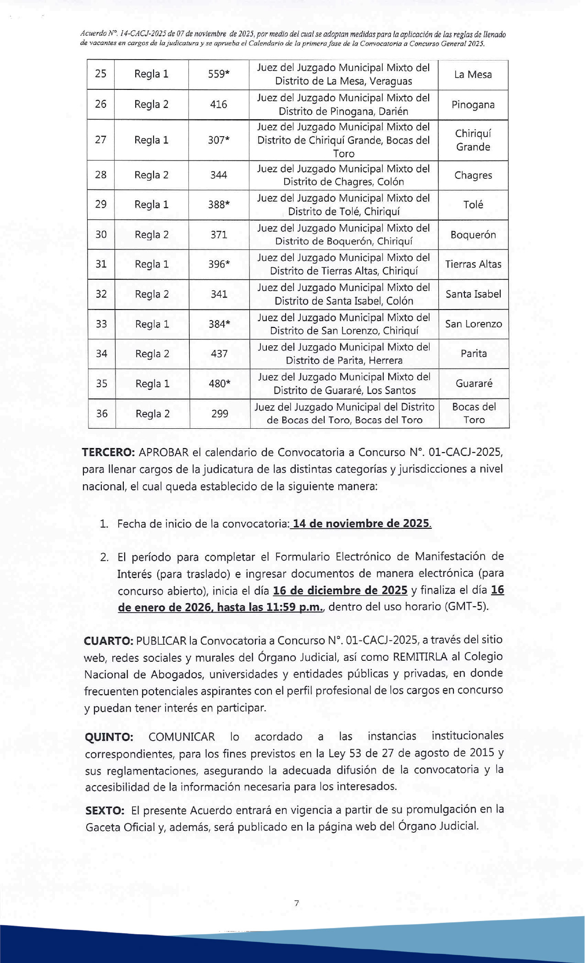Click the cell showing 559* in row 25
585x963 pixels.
coord(219,74)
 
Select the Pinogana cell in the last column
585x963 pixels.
coord(473,105)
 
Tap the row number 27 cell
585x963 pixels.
coord(101,140)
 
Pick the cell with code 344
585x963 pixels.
coord(219,175)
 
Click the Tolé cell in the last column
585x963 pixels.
coord(473,205)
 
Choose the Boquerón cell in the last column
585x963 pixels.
coord(473,235)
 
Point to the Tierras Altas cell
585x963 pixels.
coord(473,264)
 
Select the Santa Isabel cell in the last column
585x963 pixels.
coord(473,294)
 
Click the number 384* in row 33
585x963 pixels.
coord(219,324)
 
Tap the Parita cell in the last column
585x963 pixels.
coord(474,354)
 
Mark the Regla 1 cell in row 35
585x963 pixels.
coord(152,384)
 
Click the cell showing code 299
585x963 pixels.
coord(220,414)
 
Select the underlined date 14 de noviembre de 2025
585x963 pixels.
coord(362,524)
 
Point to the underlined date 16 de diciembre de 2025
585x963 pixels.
coord(340,590)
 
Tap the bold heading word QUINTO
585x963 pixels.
coord(109,737)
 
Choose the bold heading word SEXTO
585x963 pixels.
coord(105,811)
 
